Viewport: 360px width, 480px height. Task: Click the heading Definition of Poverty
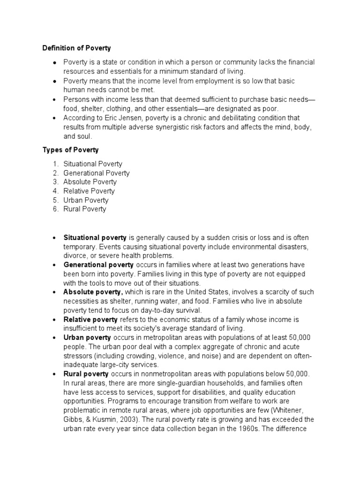coord(76,48)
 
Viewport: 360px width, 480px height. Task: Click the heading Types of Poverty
coord(70,150)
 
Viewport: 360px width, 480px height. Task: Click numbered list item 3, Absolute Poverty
coord(90,182)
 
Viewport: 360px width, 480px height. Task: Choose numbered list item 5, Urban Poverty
coord(87,200)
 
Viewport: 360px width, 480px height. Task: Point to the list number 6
coord(55,209)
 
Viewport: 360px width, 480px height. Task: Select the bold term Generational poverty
coord(97,265)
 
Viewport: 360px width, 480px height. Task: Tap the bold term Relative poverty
coord(90,320)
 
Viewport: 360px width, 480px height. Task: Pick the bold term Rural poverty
coord(86,374)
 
